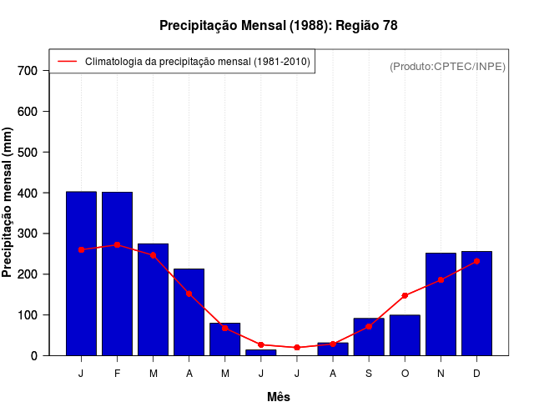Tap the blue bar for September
pyautogui.click(x=369, y=337)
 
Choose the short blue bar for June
pyautogui.click(x=261, y=352)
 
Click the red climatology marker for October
pyautogui.click(x=405, y=295)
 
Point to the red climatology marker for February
pyautogui.click(x=117, y=244)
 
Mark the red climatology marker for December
pyautogui.click(x=476, y=261)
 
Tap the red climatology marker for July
pyautogui.click(x=297, y=347)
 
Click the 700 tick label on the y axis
pyautogui.click(x=28, y=71)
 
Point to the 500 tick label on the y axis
pyautogui.click(x=28, y=153)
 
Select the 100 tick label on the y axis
pyautogui.click(x=28, y=315)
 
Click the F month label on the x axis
pyautogui.click(x=117, y=374)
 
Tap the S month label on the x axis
pyautogui.click(x=369, y=374)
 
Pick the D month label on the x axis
pyautogui.click(x=476, y=374)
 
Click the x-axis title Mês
pyautogui.click(x=279, y=397)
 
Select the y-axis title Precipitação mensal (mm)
pyautogui.click(x=8, y=202)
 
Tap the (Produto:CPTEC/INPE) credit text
pyautogui.click(x=448, y=66)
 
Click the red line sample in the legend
pyautogui.click(x=67, y=62)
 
